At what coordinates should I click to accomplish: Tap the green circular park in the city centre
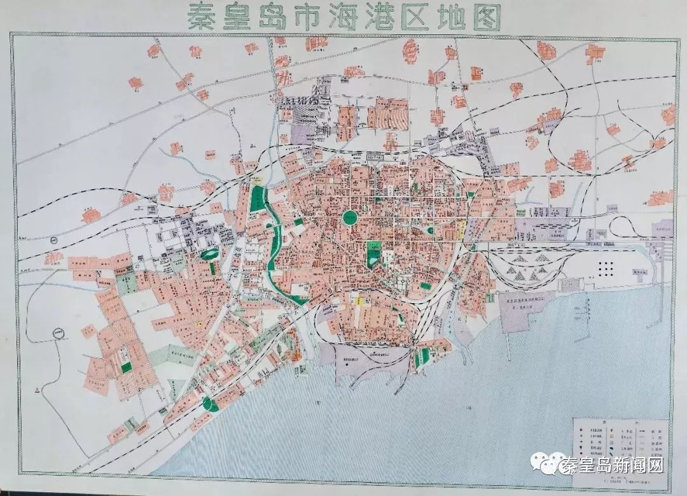(350, 217)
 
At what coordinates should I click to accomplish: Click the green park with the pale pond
(207, 253)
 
